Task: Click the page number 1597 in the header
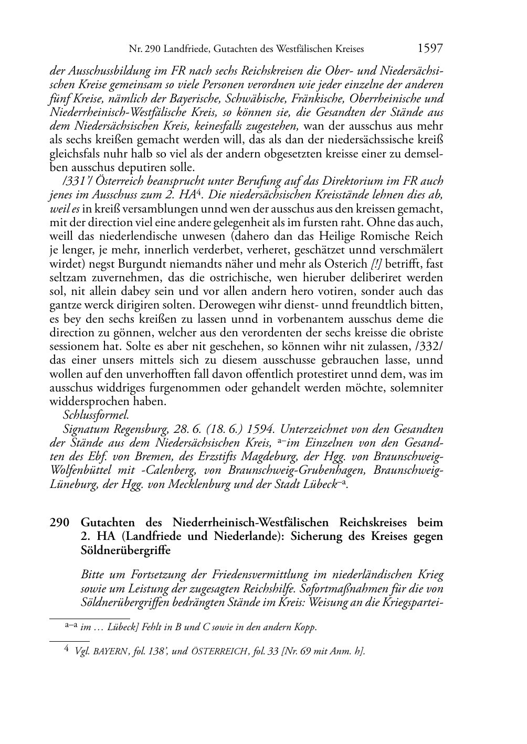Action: (430, 49)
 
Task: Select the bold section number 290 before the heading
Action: (59, 523)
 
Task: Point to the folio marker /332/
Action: (429, 346)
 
